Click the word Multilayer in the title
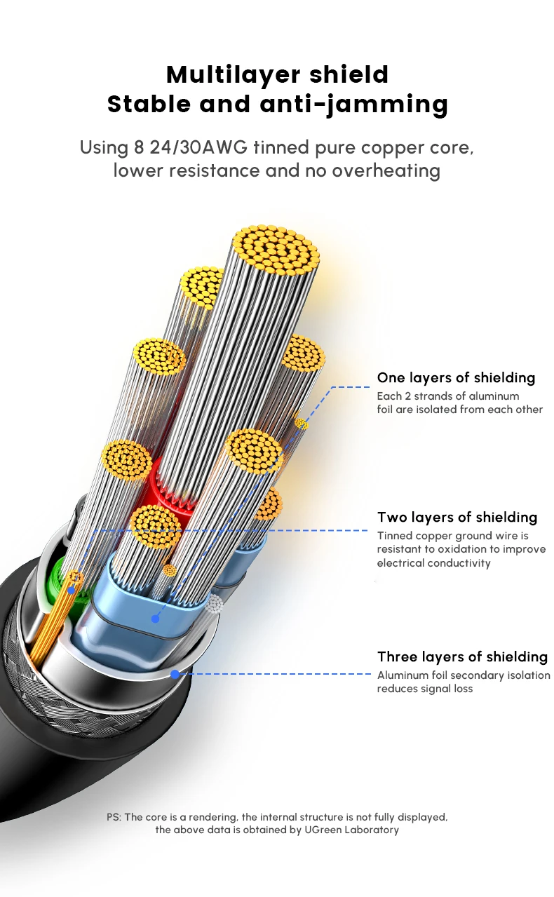coord(222,74)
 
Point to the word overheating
coord(384,170)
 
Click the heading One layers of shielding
coord(456,378)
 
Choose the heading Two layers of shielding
coord(457,518)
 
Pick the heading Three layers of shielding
coord(462,657)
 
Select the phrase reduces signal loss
coord(425,689)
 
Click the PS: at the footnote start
coord(114,817)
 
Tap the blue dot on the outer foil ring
coord(175,674)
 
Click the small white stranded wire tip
coord(215,604)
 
